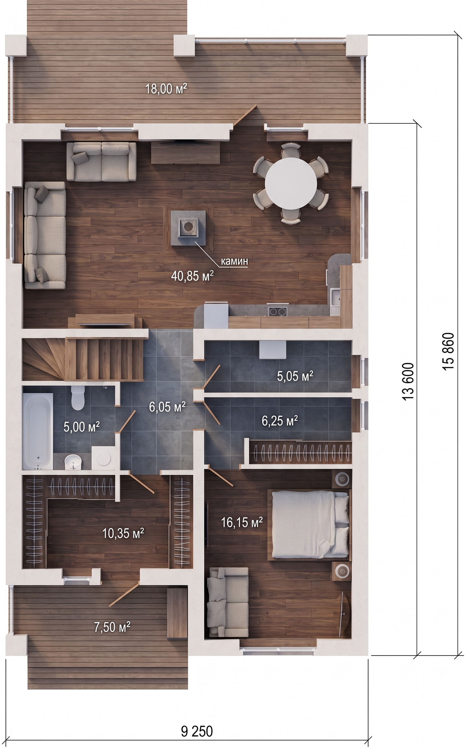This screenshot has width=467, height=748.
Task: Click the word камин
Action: point(234,261)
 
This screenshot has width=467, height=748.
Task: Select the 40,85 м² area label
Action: point(192,276)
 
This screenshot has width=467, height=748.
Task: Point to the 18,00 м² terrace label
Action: point(166,89)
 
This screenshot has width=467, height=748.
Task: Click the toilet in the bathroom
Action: point(78,398)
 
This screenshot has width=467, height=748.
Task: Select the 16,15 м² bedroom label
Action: point(242,522)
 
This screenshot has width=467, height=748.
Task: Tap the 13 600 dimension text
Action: point(408,382)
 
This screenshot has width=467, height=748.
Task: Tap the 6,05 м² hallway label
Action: point(167,407)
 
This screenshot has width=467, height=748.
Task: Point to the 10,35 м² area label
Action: point(123,533)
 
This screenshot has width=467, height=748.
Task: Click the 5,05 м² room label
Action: point(295,376)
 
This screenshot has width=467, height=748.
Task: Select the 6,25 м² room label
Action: point(280,421)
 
